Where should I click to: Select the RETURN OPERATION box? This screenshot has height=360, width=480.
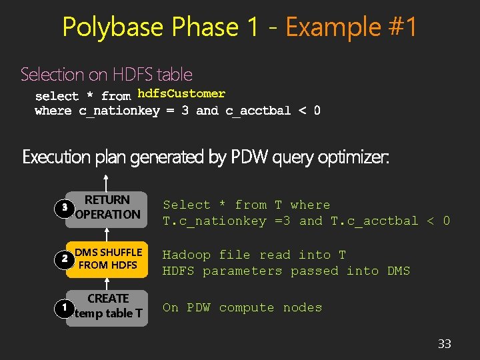coord(108,207)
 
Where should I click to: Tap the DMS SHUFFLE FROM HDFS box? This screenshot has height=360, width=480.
coord(108,259)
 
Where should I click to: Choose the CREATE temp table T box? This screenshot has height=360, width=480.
coord(108,306)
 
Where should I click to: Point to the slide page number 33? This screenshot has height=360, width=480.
coord(444,344)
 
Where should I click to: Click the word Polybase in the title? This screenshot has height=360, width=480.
coord(113,27)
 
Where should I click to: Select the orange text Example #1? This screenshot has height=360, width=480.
coord(351,27)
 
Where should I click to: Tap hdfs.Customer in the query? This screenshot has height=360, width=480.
coord(181,94)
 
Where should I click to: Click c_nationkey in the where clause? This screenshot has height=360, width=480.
coord(119,111)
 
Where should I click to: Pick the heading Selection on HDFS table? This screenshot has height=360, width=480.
coord(107,74)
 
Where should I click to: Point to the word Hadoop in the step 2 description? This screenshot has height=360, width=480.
coord(187,255)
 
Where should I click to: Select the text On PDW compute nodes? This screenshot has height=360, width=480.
coord(243,307)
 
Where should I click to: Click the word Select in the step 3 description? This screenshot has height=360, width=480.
coord(187,205)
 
